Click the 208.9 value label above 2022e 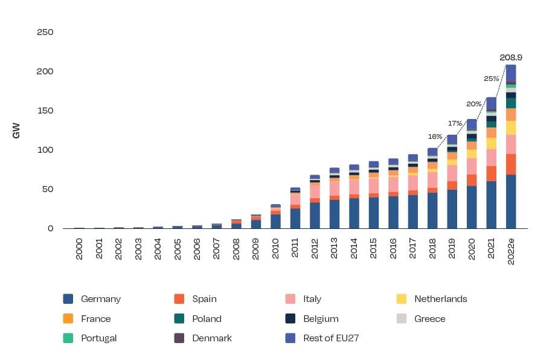[x=511, y=58]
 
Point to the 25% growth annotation [x=491, y=79]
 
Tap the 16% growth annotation [x=434, y=137]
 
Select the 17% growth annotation [x=455, y=123]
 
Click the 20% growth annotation [x=474, y=104]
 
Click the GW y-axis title [x=17, y=130]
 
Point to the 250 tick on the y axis [x=45, y=32]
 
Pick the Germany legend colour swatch [x=68, y=299]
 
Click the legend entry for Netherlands [x=440, y=299]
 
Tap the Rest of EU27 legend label [x=331, y=338]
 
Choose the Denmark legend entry [x=211, y=338]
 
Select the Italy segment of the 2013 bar [x=334, y=188]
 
